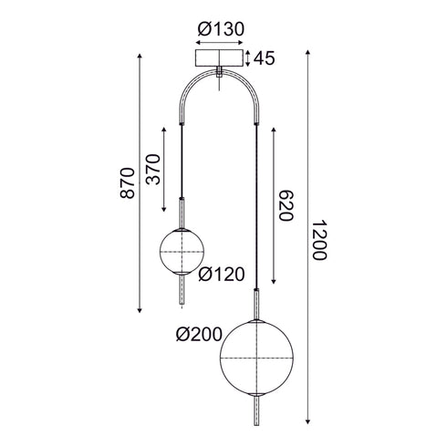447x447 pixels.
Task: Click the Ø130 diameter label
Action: [221, 28]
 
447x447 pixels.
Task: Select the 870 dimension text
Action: [127, 185]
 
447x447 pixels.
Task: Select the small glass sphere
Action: [182, 251]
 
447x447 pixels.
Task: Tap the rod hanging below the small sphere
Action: [182, 294]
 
